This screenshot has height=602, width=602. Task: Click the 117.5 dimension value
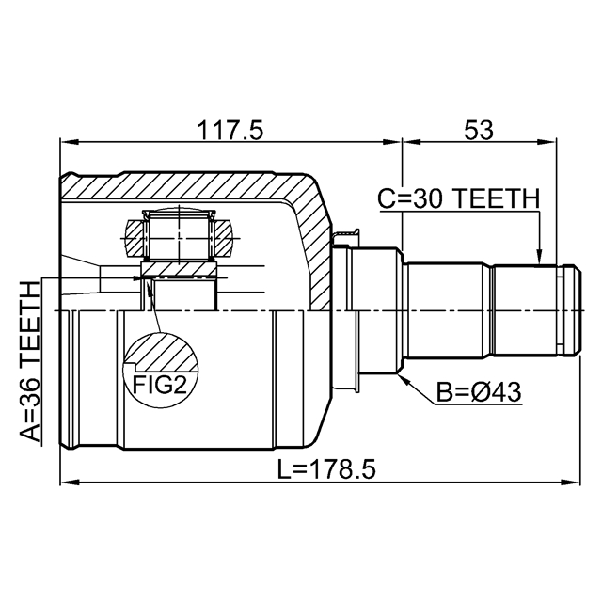(x=230, y=130)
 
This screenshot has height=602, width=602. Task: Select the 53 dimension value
(x=478, y=130)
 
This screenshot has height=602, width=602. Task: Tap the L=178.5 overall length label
(x=326, y=469)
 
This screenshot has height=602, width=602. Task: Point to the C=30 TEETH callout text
(x=459, y=198)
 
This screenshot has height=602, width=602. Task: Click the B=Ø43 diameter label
(x=479, y=392)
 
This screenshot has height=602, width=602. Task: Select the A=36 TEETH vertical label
(x=30, y=361)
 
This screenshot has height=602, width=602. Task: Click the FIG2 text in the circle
(x=160, y=385)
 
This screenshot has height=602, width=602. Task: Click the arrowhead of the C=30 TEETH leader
(x=539, y=257)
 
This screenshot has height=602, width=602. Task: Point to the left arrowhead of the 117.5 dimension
(x=69, y=142)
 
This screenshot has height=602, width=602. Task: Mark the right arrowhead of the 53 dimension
(x=547, y=142)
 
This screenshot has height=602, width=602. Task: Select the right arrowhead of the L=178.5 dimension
(x=571, y=482)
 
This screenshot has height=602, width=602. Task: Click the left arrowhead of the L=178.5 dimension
(x=69, y=482)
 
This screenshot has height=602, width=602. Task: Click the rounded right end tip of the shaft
(x=580, y=310)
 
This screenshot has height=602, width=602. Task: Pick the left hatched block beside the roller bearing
(x=135, y=238)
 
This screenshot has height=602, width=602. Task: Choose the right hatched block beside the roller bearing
(x=223, y=238)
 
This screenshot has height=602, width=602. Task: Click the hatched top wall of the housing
(x=184, y=186)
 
